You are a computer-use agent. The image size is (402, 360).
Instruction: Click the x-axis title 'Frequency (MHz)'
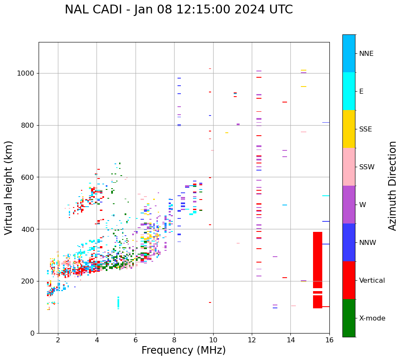click(183, 350)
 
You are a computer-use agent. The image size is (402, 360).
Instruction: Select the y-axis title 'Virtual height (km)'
click(9, 187)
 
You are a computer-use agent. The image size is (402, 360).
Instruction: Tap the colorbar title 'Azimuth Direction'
click(392, 186)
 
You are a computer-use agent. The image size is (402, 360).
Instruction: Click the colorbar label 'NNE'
click(366, 54)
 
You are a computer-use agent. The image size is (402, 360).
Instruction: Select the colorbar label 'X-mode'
click(372, 318)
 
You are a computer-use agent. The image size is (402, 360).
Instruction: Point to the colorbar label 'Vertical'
click(372, 281)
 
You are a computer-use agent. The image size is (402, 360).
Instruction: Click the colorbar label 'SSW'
click(367, 167)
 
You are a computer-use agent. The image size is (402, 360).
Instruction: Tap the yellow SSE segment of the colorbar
click(349, 129)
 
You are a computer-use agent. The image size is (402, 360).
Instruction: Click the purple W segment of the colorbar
click(349, 205)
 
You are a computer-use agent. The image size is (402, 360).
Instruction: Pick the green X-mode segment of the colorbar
click(349, 318)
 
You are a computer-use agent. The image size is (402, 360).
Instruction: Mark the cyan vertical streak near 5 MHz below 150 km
click(118, 302)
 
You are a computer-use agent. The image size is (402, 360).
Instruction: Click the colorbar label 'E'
click(361, 92)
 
